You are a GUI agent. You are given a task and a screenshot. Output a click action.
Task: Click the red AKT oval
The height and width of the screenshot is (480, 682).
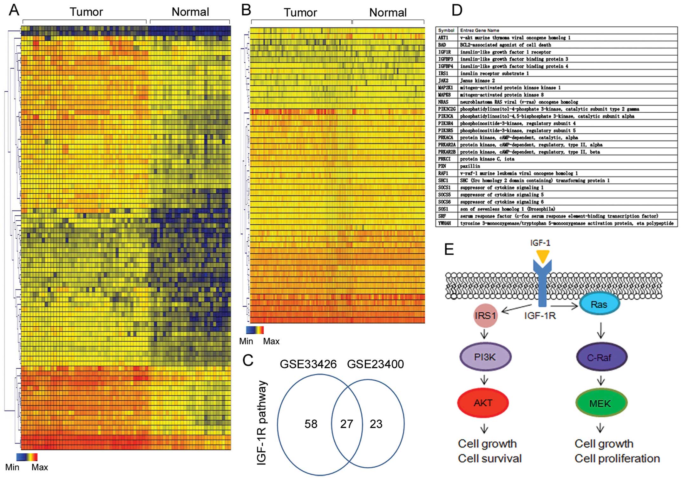coord(483,403)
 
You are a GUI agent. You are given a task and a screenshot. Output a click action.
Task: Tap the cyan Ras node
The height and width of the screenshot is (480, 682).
coord(599,304)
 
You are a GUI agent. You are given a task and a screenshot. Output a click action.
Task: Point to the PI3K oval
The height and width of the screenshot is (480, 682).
coord(485,357)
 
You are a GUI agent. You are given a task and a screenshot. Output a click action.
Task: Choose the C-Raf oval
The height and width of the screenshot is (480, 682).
coord(601,357)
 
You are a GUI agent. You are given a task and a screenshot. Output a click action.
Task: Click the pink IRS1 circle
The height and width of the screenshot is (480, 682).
coord(485,315)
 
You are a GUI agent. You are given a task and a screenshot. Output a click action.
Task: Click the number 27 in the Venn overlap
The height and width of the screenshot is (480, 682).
coord(346,424)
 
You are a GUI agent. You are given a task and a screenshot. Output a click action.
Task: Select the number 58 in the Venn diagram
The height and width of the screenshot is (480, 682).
coord(311,424)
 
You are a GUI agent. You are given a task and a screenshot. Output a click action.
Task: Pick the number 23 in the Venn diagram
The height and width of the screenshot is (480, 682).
coord(376,424)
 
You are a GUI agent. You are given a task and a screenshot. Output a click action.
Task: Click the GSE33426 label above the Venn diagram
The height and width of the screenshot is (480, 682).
coord(308,364)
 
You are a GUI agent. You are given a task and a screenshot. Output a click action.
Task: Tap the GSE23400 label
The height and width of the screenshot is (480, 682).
coord(375,364)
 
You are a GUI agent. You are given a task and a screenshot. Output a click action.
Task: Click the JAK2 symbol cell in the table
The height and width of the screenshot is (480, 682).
coord(443,81)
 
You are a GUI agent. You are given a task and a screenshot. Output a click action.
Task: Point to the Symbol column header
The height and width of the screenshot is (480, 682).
coord(446,30)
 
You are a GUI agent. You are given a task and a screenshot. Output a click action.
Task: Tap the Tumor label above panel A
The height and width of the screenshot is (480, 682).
coord(86,12)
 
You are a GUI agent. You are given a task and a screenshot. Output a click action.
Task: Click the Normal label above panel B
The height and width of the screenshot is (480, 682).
coord(388,13)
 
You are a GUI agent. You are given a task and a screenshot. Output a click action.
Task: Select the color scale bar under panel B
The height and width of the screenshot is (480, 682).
coord(255,330)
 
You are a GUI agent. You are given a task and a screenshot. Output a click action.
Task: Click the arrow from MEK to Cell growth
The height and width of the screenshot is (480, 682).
coord(600,428)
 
